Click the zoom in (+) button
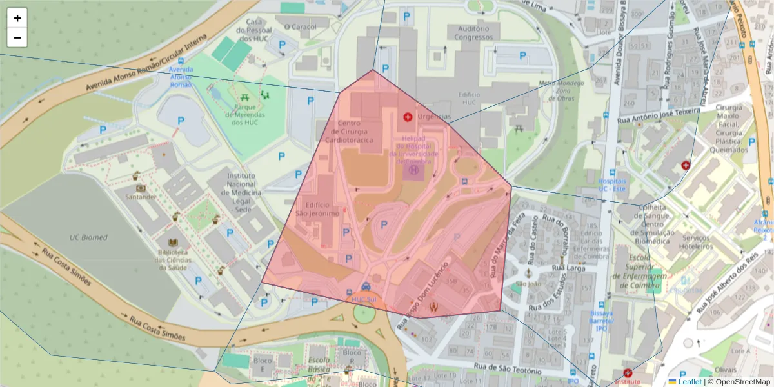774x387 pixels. [x=17, y=18]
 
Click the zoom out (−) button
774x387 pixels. [x=17, y=37]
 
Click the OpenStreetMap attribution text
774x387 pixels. [x=742, y=381]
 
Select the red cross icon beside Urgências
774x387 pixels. [x=408, y=117]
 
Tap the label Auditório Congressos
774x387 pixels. [x=477, y=33]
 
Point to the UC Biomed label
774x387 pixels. [x=88, y=237]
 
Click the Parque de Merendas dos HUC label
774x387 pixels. [x=246, y=115]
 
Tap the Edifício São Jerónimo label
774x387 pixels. [x=317, y=209]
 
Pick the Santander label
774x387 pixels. [x=141, y=197]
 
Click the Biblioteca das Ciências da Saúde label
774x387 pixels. [x=173, y=260]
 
